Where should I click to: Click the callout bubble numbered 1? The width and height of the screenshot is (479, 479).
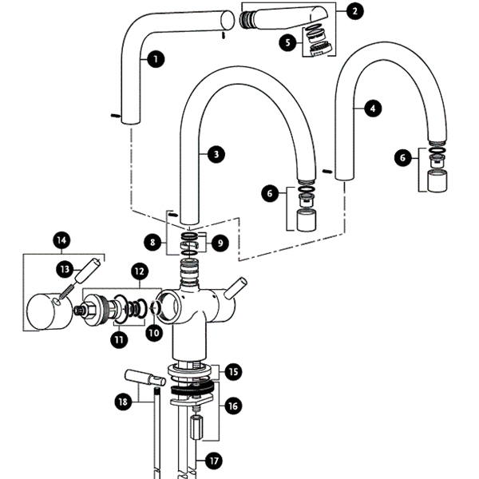153,58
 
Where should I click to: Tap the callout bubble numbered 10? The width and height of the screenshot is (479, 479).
153,332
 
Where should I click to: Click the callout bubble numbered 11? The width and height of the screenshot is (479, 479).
119,341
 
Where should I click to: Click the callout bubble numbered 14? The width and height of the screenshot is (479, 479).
62,239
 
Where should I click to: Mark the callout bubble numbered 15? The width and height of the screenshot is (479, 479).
232,372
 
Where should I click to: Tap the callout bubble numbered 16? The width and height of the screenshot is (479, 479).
232,406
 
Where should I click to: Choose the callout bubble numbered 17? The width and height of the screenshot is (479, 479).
212,461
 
